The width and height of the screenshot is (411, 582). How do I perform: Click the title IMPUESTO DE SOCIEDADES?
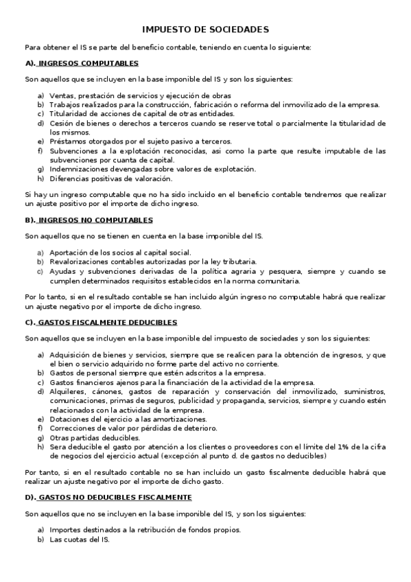[205, 30]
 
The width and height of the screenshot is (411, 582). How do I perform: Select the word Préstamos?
[68, 141]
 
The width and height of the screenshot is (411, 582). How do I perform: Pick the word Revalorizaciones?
[81, 261]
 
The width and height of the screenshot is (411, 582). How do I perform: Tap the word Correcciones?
[73, 428]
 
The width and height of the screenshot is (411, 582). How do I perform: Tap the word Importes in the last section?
[67, 530]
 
